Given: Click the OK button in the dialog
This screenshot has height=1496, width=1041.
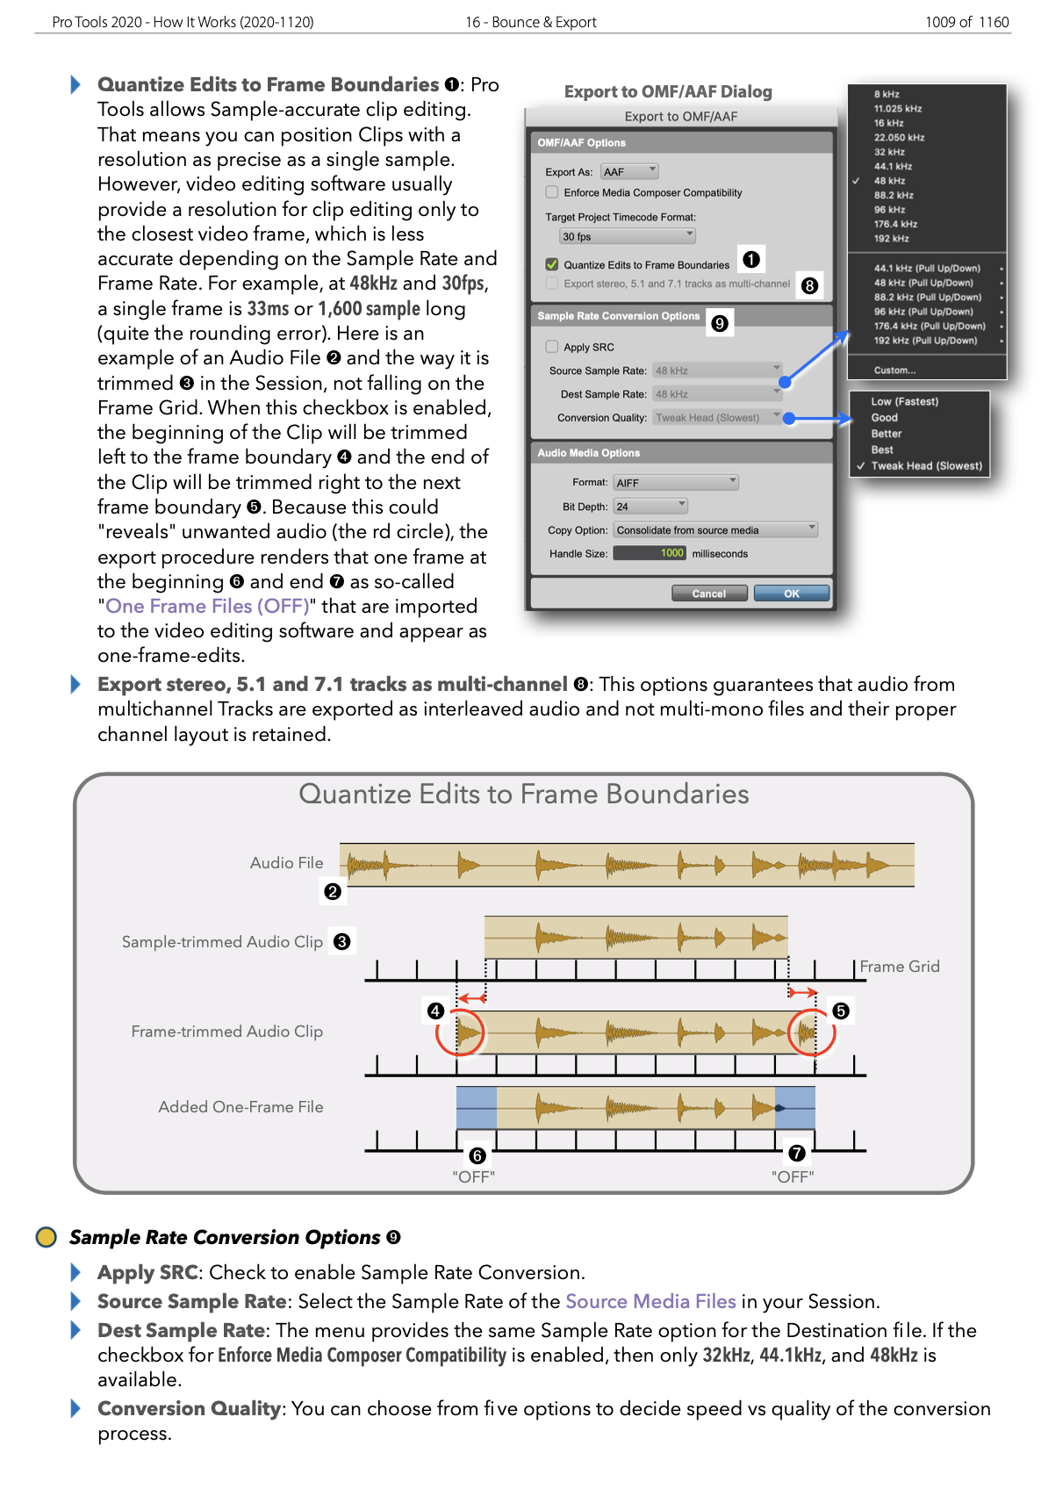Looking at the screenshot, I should [x=791, y=593].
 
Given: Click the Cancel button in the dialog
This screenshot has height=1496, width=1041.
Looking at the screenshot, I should [x=708, y=593].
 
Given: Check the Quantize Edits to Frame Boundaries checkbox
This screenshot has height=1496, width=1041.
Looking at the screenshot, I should [x=552, y=264].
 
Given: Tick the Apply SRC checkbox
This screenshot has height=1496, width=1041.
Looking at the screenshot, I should [x=552, y=347].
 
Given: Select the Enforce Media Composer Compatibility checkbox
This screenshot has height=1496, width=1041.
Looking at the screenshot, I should [x=552, y=192].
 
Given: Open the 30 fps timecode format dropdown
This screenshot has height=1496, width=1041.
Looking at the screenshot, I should [x=628, y=236].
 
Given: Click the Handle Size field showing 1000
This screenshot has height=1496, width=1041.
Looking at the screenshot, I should [x=650, y=553].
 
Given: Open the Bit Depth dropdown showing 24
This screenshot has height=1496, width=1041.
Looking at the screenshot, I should [x=650, y=507].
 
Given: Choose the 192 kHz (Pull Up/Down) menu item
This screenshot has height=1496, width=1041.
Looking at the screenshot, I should [x=926, y=341].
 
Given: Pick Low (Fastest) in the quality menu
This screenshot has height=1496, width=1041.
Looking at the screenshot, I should [x=904, y=401].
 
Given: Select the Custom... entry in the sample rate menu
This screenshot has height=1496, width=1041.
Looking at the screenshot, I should [x=894, y=370].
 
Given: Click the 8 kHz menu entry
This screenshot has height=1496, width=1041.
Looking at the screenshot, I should [x=887, y=94].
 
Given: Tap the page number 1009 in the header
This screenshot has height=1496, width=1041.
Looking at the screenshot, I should [x=940, y=22].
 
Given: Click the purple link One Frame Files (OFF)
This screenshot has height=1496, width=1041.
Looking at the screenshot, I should [x=207, y=607].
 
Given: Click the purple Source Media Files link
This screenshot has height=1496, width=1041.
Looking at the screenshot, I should [x=650, y=1302].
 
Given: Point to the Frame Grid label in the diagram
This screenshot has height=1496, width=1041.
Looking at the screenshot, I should [x=900, y=967].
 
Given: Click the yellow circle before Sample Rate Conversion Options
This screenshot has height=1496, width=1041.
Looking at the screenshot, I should [x=46, y=1237].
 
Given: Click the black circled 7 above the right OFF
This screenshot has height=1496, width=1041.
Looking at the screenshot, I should [x=797, y=1153].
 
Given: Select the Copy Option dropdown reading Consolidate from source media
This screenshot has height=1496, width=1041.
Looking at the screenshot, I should [x=715, y=530].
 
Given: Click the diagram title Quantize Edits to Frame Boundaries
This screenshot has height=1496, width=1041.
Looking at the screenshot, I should [x=524, y=795].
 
